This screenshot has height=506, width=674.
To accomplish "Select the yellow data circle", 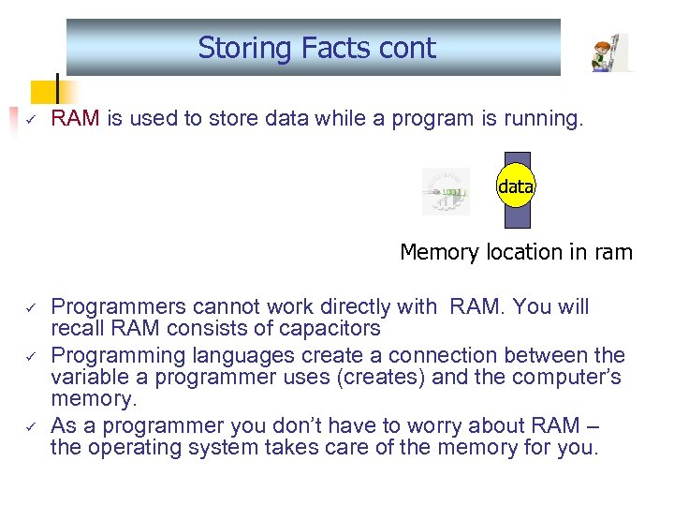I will pyautogui.click(x=516, y=187).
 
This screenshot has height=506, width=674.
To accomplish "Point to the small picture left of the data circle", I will pyautogui.click(x=446, y=191).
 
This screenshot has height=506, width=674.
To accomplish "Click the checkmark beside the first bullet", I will pyautogui.click(x=29, y=119).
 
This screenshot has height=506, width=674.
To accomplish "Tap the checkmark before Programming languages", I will pyautogui.click(x=29, y=356).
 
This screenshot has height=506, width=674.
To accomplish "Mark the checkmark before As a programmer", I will pyautogui.click(x=29, y=425).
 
